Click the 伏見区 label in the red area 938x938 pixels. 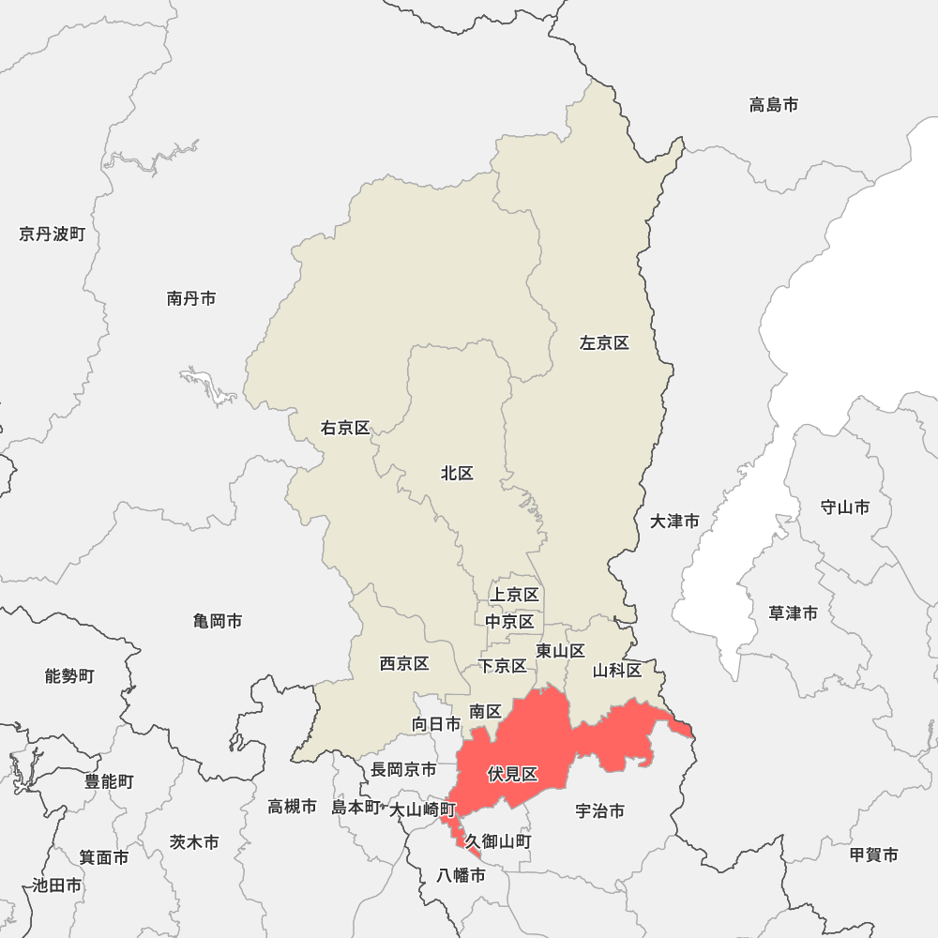[x=512, y=775]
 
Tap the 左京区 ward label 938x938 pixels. [x=604, y=343]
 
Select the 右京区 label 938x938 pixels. [x=345, y=429]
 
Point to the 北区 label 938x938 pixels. [x=457, y=474]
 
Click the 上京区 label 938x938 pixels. [x=514, y=595]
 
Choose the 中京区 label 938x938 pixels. [x=509, y=622]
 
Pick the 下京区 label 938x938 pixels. [x=502, y=666]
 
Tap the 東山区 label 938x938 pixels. [x=560, y=651]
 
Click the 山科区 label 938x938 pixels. [x=617, y=671]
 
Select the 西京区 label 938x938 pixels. [x=404, y=664]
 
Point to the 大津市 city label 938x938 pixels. [x=674, y=521]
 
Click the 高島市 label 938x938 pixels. [x=774, y=105]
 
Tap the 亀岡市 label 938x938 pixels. [x=218, y=621]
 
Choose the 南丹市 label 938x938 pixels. [x=191, y=298]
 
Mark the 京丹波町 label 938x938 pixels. [x=52, y=234]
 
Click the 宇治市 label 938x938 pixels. [x=599, y=811]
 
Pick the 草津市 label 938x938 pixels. [x=793, y=613]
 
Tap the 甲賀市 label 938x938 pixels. [x=873, y=855]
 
